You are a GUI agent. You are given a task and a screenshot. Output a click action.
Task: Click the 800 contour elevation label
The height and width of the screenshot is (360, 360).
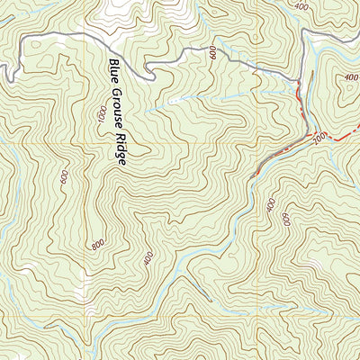[x=97, y=245]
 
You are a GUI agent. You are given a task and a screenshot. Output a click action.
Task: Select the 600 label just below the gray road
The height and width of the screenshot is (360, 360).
[x=213, y=54]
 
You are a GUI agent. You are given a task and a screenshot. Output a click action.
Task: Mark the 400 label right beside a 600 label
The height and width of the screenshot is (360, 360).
[x=271, y=206]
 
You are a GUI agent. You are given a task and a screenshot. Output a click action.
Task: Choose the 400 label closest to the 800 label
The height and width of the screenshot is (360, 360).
[x=148, y=258]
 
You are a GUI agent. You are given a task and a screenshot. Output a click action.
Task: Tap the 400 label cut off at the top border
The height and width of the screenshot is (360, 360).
[x=300, y=4]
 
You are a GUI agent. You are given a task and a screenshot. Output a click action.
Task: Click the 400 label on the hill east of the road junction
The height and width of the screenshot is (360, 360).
[x=350, y=77]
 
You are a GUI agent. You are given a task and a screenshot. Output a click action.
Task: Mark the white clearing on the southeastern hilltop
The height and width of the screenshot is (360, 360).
[x=310, y=265]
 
